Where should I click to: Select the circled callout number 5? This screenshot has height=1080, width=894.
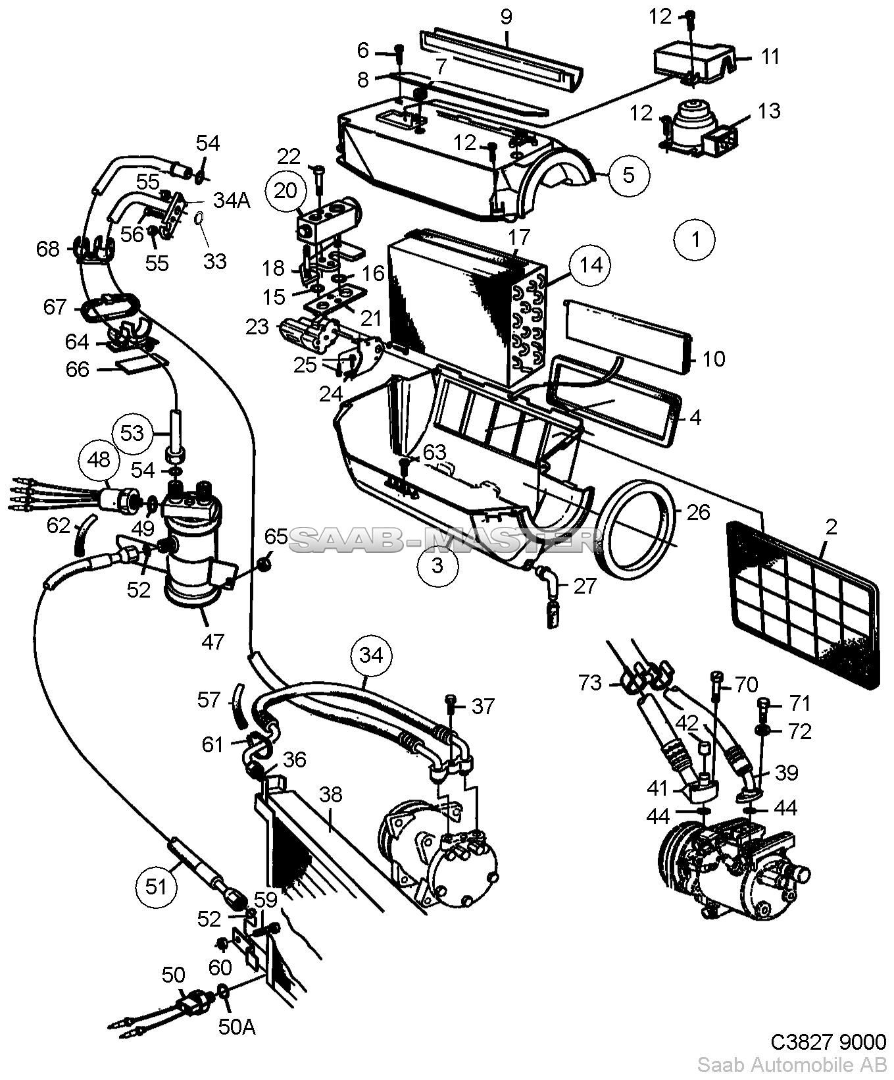click(629, 176)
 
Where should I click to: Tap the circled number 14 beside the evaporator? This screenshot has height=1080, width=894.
click(591, 265)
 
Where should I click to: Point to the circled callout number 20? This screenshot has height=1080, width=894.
click(286, 191)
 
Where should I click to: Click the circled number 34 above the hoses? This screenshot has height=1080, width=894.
click(371, 656)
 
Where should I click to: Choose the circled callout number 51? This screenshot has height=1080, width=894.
click(157, 887)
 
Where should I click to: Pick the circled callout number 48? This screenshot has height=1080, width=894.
click(99, 459)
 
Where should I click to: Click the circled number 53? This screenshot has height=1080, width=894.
click(132, 433)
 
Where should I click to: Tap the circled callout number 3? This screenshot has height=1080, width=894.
click(437, 565)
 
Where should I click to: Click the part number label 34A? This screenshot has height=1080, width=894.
click(232, 200)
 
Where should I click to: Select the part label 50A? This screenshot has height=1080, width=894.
click(236, 1026)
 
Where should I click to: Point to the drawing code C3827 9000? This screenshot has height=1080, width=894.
click(829, 1042)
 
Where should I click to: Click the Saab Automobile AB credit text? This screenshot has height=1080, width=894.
click(792, 1066)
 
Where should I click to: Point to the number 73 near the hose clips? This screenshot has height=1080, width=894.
click(590, 683)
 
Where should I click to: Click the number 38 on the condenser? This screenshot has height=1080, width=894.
click(331, 794)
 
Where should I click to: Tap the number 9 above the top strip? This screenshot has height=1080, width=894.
click(505, 16)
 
